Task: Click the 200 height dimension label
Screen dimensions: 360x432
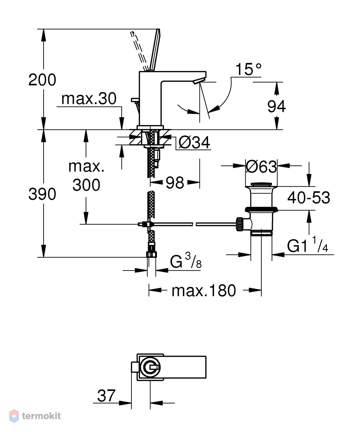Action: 42,80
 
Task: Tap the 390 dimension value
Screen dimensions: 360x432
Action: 42,194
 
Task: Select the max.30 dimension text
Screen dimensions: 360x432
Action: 89,98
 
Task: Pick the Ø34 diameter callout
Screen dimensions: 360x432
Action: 194,142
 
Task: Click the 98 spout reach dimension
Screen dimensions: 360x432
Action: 175,183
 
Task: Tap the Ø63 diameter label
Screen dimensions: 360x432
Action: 261,167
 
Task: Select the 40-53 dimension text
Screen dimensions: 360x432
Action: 309,197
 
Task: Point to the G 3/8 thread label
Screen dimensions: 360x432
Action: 186,261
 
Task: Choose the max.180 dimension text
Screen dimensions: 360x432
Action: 204,290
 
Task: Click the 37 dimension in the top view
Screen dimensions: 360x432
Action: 106,396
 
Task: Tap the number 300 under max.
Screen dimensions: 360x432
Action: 86,184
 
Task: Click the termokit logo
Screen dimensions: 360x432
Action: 35,416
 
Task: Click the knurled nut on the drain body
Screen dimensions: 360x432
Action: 239,224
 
